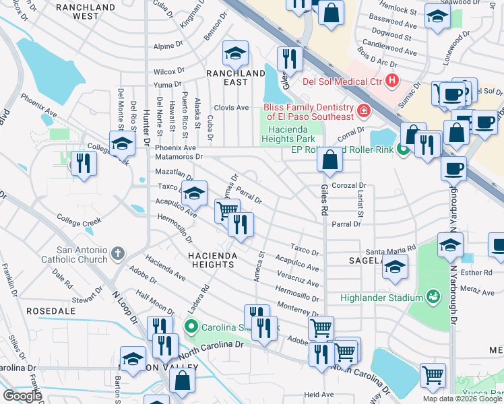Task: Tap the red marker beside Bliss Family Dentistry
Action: [363, 110]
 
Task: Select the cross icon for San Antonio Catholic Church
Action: [117, 254]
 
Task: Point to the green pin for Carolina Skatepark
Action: [191, 327]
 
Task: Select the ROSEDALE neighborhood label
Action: [51, 312]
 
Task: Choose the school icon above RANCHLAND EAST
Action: [236, 53]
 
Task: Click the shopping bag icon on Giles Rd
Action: [329, 161]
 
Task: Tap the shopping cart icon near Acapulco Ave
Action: [227, 211]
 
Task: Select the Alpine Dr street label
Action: [164, 47]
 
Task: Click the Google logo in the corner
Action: [23, 396]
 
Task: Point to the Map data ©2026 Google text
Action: [462, 399]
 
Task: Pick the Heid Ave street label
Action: [319, 395]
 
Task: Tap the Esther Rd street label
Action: [476, 273]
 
